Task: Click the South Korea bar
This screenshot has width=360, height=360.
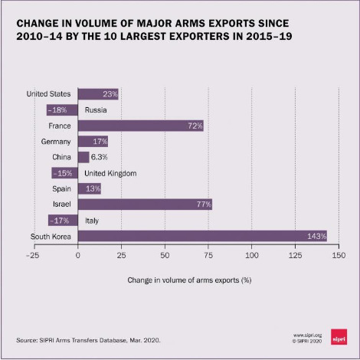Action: click(202, 236)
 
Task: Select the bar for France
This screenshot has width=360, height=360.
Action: click(141, 126)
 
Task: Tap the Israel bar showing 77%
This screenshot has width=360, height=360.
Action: click(145, 205)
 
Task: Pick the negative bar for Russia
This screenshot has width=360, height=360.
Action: click(62, 110)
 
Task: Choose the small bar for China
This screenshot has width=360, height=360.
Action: click(83, 157)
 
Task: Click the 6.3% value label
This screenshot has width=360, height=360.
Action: click(99, 157)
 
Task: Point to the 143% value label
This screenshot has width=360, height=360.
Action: click(317, 236)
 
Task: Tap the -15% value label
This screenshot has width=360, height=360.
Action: click(63, 173)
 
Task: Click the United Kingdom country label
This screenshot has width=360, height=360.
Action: click(110, 173)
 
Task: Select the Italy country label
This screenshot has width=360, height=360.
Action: click(92, 221)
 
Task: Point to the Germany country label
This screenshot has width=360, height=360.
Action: click(56, 142)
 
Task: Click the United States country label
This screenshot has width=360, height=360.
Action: click(48, 93)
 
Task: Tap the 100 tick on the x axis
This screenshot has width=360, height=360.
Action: click(252, 255)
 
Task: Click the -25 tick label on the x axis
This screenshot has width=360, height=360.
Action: click(33, 255)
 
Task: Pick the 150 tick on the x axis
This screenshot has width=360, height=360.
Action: click(339, 255)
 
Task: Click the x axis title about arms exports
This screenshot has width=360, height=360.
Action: click(189, 280)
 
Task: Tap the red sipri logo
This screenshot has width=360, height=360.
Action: click(339, 337)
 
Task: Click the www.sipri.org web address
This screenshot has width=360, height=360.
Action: click(307, 335)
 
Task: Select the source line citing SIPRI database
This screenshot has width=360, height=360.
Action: click(88, 340)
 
